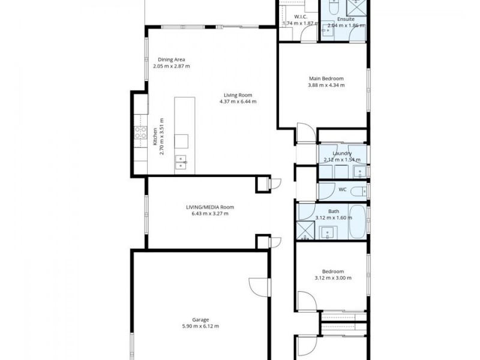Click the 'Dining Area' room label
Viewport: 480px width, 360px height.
point(171,59)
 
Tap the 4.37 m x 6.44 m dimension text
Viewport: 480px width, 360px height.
point(238,101)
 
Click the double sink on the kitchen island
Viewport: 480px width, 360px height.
point(181,161)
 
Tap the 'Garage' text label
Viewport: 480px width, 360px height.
point(200,320)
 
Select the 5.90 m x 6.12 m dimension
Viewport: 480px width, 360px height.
point(200,326)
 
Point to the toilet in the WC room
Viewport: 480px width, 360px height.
point(358,191)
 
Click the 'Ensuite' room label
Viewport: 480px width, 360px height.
point(345,19)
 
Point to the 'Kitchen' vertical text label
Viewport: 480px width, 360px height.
point(155,137)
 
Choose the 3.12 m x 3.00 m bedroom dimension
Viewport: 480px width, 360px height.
point(332,278)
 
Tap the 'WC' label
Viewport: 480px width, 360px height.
point(343,190)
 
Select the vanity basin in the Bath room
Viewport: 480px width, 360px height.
point(328,232)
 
